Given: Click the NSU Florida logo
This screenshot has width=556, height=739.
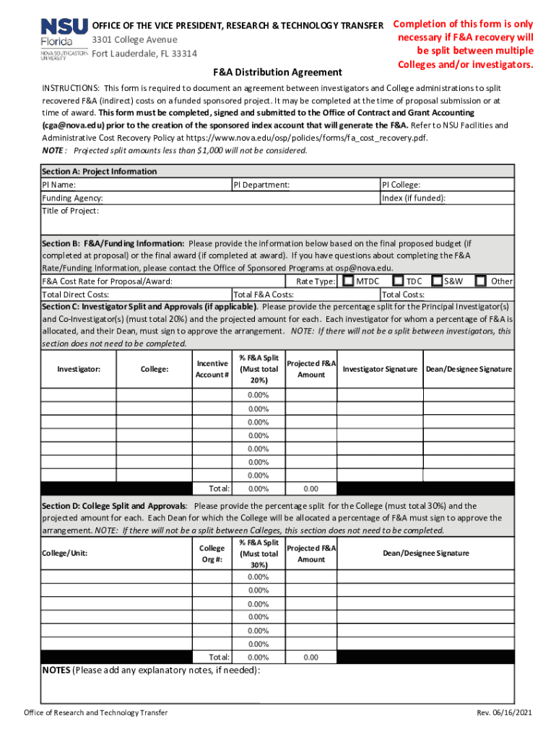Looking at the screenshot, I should coord(64,40).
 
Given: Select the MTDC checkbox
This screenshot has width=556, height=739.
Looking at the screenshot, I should coord(349,281).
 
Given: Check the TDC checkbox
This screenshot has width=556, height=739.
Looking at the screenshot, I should coord(398,281).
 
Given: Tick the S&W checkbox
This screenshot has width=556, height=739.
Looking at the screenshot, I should coord(437,281).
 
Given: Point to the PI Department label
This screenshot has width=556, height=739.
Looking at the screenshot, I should coord(261,185).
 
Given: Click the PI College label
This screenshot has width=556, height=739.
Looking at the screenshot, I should coord(401,185).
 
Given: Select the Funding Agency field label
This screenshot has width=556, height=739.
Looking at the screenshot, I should coord(72,198).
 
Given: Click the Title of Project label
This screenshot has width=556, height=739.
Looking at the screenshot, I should coord(71,211).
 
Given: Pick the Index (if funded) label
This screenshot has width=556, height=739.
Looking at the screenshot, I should coord(414,198).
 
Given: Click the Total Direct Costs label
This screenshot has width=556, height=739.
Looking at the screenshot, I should coord(76,294).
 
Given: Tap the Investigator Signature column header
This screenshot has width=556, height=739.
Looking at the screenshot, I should coord(380,369).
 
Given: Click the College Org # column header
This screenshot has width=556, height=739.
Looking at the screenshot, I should coord(212,553).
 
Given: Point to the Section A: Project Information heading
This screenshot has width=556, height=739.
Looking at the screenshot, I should coord(99,172).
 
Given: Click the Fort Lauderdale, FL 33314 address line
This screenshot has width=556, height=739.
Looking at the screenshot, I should coord(144,53).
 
